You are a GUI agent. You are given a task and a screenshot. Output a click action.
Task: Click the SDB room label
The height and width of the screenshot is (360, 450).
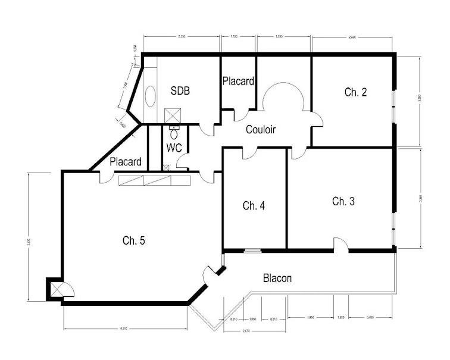point(180,91)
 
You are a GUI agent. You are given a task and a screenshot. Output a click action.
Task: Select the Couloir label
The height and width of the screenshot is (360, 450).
point(261,129)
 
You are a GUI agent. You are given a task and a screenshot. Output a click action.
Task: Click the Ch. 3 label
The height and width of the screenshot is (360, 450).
point(343,201)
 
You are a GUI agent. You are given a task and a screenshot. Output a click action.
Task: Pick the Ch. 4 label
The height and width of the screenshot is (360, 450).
point(254,206)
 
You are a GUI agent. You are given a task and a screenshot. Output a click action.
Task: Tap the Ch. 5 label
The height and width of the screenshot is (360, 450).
point(134,240)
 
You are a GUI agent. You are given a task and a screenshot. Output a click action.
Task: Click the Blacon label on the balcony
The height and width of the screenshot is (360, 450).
point(277,278)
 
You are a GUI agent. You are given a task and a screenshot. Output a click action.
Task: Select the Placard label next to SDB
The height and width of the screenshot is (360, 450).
point(239,82)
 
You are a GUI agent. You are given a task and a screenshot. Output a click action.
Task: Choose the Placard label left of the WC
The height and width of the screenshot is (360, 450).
point(126,162)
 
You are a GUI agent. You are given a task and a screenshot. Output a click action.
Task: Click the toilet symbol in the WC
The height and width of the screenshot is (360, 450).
point(174,134)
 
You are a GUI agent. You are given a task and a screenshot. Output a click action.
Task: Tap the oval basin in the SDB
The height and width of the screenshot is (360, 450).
point(151,96)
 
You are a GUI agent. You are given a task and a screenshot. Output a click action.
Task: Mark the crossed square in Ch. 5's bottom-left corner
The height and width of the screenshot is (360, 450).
point(57,289)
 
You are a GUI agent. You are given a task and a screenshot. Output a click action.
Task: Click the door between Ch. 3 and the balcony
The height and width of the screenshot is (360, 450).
point(340,245)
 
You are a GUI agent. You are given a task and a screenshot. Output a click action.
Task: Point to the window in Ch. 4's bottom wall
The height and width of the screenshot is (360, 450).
point(253,250)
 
